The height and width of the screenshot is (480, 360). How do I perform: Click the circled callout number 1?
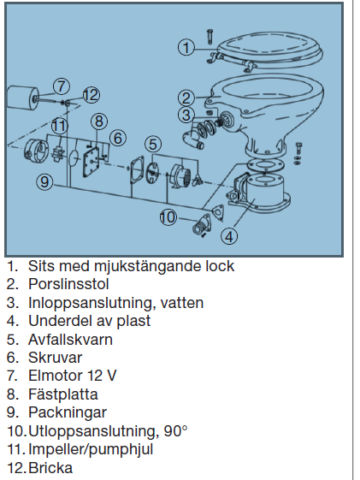click(186, 47)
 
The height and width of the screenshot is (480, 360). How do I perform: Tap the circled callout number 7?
click(62, 86)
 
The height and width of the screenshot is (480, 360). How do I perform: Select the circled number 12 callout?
click(91, 95)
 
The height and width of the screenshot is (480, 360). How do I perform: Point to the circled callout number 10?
click(168, 217)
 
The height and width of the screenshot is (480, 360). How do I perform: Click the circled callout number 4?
click(229, 236)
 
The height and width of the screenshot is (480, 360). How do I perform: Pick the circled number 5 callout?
click(153, 144)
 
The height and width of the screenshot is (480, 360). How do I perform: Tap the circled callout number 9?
click(44, 182)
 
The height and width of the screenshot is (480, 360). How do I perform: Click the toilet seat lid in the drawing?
click(269, 51)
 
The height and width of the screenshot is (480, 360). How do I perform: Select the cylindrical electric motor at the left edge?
click(22, 98)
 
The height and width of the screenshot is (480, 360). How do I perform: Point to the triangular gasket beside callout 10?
click(218, 212)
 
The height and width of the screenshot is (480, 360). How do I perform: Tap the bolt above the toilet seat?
click(210, 37)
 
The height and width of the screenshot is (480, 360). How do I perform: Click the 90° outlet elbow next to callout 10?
click(202, 226)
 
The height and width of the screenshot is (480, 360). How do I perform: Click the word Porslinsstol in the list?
click(68, 284)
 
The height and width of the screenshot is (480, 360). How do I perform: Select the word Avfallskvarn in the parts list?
click(70, 340)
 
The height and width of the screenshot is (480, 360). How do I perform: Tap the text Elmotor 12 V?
click(72, 376)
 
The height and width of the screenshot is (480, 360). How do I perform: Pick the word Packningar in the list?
click(68, 412)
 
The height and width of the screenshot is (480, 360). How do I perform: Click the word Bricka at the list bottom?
click(50, 468)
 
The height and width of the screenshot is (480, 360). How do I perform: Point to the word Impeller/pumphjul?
click(91, 450)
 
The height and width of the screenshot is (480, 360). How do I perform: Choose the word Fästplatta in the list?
click(63, 394)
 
